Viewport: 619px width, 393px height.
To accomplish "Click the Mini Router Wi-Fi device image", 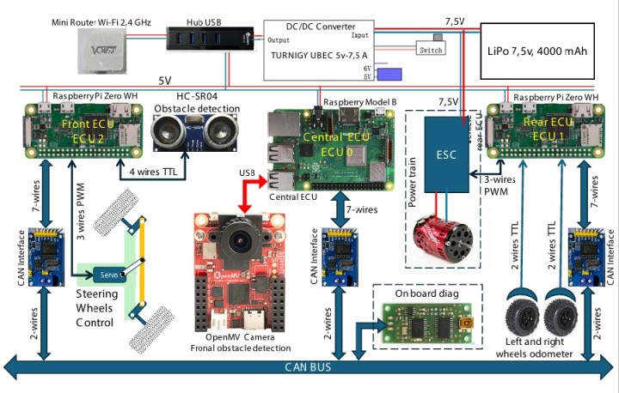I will [101, 50].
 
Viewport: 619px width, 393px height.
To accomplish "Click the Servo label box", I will [107, 275].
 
